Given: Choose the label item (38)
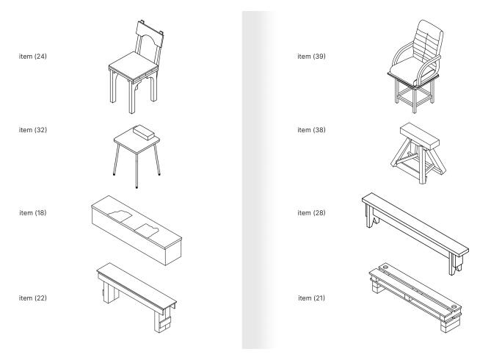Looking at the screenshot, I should (312, 130).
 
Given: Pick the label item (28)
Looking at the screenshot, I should (312, 213).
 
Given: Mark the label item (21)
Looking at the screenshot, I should (312, 297).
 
